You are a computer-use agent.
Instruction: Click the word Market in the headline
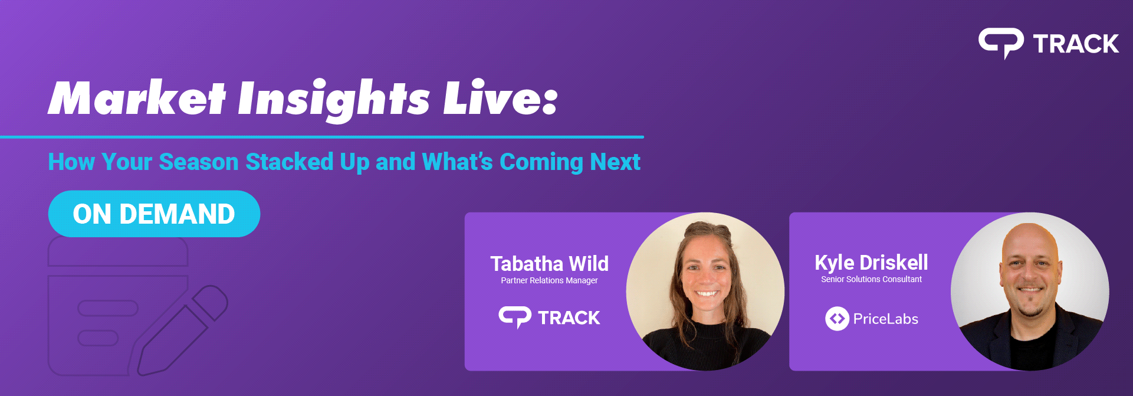[137, 98]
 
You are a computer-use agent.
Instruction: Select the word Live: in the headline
[500, 98]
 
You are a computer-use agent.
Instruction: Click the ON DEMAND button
[154, 214]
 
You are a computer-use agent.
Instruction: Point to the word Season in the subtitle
[198, 162]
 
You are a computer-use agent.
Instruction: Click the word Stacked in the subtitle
[289, 162]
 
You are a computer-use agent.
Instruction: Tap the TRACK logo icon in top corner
[1001, 43]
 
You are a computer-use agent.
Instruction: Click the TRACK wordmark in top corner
[1076, 44]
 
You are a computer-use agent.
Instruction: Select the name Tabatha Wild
[549, 263]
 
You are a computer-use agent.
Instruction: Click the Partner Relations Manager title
[549, 280]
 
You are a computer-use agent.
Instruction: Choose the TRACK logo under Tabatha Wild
[549, 318]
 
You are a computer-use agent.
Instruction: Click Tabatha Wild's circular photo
[705, 291]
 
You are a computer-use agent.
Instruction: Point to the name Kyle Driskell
[871, 262]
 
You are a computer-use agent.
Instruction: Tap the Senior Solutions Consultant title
[871, 279]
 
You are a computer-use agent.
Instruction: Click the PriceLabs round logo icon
[837, 319]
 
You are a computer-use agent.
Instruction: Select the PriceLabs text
[885, 319]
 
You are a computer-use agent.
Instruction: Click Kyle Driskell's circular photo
[1030, 291]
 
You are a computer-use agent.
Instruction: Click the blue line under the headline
[322, 137]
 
